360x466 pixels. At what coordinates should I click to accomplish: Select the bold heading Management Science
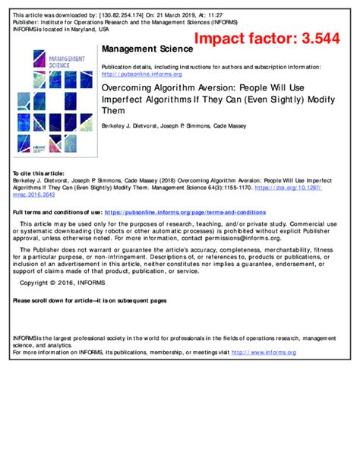click(x=139, y=49)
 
